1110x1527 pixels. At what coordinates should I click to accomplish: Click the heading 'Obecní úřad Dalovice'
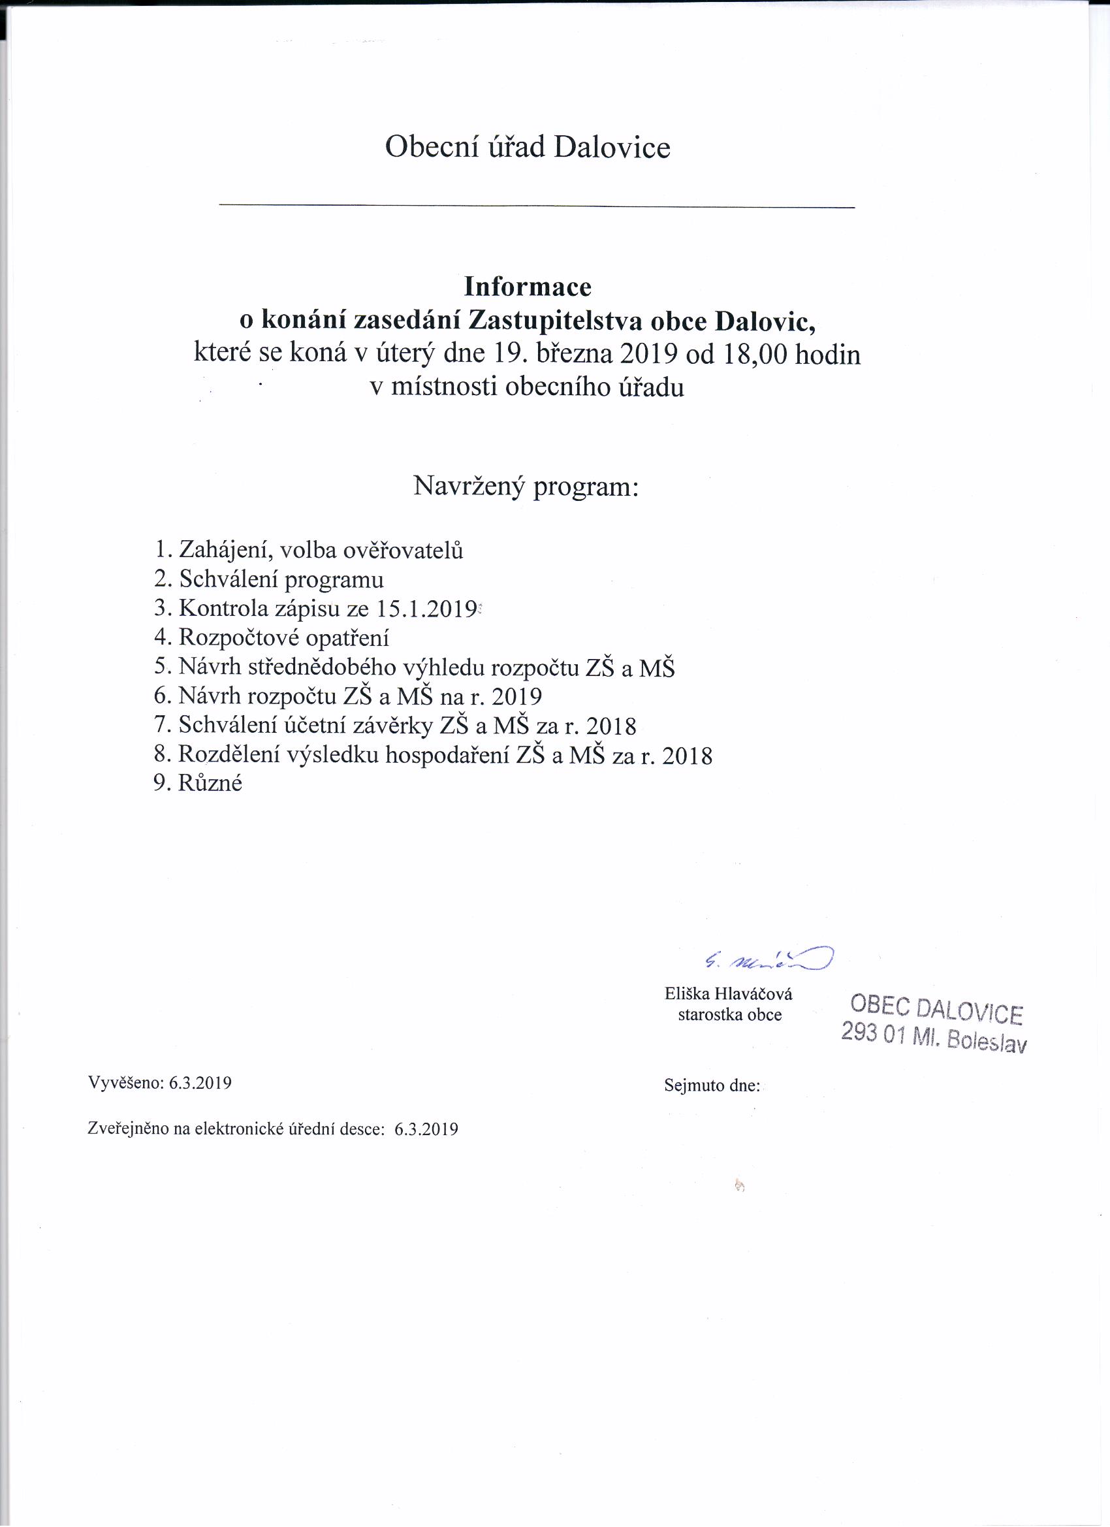pos(527,148)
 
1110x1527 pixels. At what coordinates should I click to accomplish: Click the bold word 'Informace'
pos(527,287)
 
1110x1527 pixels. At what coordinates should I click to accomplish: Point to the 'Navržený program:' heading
pos(525,486)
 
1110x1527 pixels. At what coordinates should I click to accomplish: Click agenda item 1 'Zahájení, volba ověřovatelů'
pos(308,550)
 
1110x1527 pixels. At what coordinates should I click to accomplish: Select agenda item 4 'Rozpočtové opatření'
pos(271,637)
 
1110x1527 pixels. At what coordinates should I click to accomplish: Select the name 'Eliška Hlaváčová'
pos(728,994)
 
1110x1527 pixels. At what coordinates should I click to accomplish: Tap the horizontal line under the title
pos(537,204)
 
